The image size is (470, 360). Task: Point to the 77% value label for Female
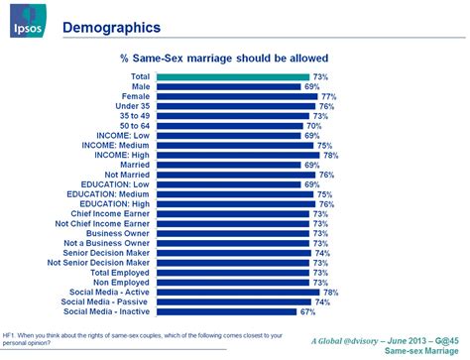328,97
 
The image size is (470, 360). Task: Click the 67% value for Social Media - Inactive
307,312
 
